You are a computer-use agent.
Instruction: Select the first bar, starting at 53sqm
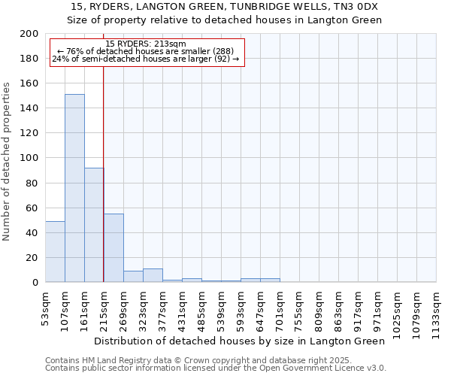(55, 251)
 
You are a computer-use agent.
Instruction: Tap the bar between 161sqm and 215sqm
(94, 225)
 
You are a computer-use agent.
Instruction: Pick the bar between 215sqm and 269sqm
(114, 247)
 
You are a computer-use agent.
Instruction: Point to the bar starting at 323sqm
(153, 275)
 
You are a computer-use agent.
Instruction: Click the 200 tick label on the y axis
(29, 34)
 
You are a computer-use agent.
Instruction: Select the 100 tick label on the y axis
(29, 158)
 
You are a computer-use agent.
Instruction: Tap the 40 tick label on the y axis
(32, 232)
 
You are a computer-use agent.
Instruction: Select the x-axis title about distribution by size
(240, 341)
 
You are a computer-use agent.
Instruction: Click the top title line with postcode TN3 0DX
(224, 6)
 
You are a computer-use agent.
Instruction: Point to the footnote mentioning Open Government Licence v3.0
(216, 368)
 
